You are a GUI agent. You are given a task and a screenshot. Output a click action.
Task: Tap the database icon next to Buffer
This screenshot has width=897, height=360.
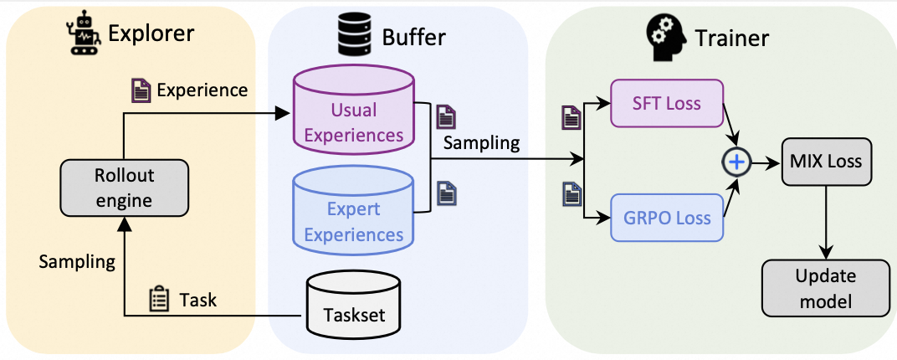click(x=352, y=35)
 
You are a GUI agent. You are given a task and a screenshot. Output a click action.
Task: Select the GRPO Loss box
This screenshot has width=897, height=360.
click(x=666, y=219)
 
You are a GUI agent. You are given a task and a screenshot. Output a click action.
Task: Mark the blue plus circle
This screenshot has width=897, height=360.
click(x=736, y=162)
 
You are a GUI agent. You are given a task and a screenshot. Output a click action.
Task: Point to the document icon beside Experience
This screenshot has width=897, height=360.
click(x=141, y=90)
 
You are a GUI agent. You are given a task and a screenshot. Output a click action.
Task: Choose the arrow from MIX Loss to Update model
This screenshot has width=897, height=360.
click(x=827, y=222)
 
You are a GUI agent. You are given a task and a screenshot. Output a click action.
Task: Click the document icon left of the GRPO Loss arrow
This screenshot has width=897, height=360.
click(x=571, y=197)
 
